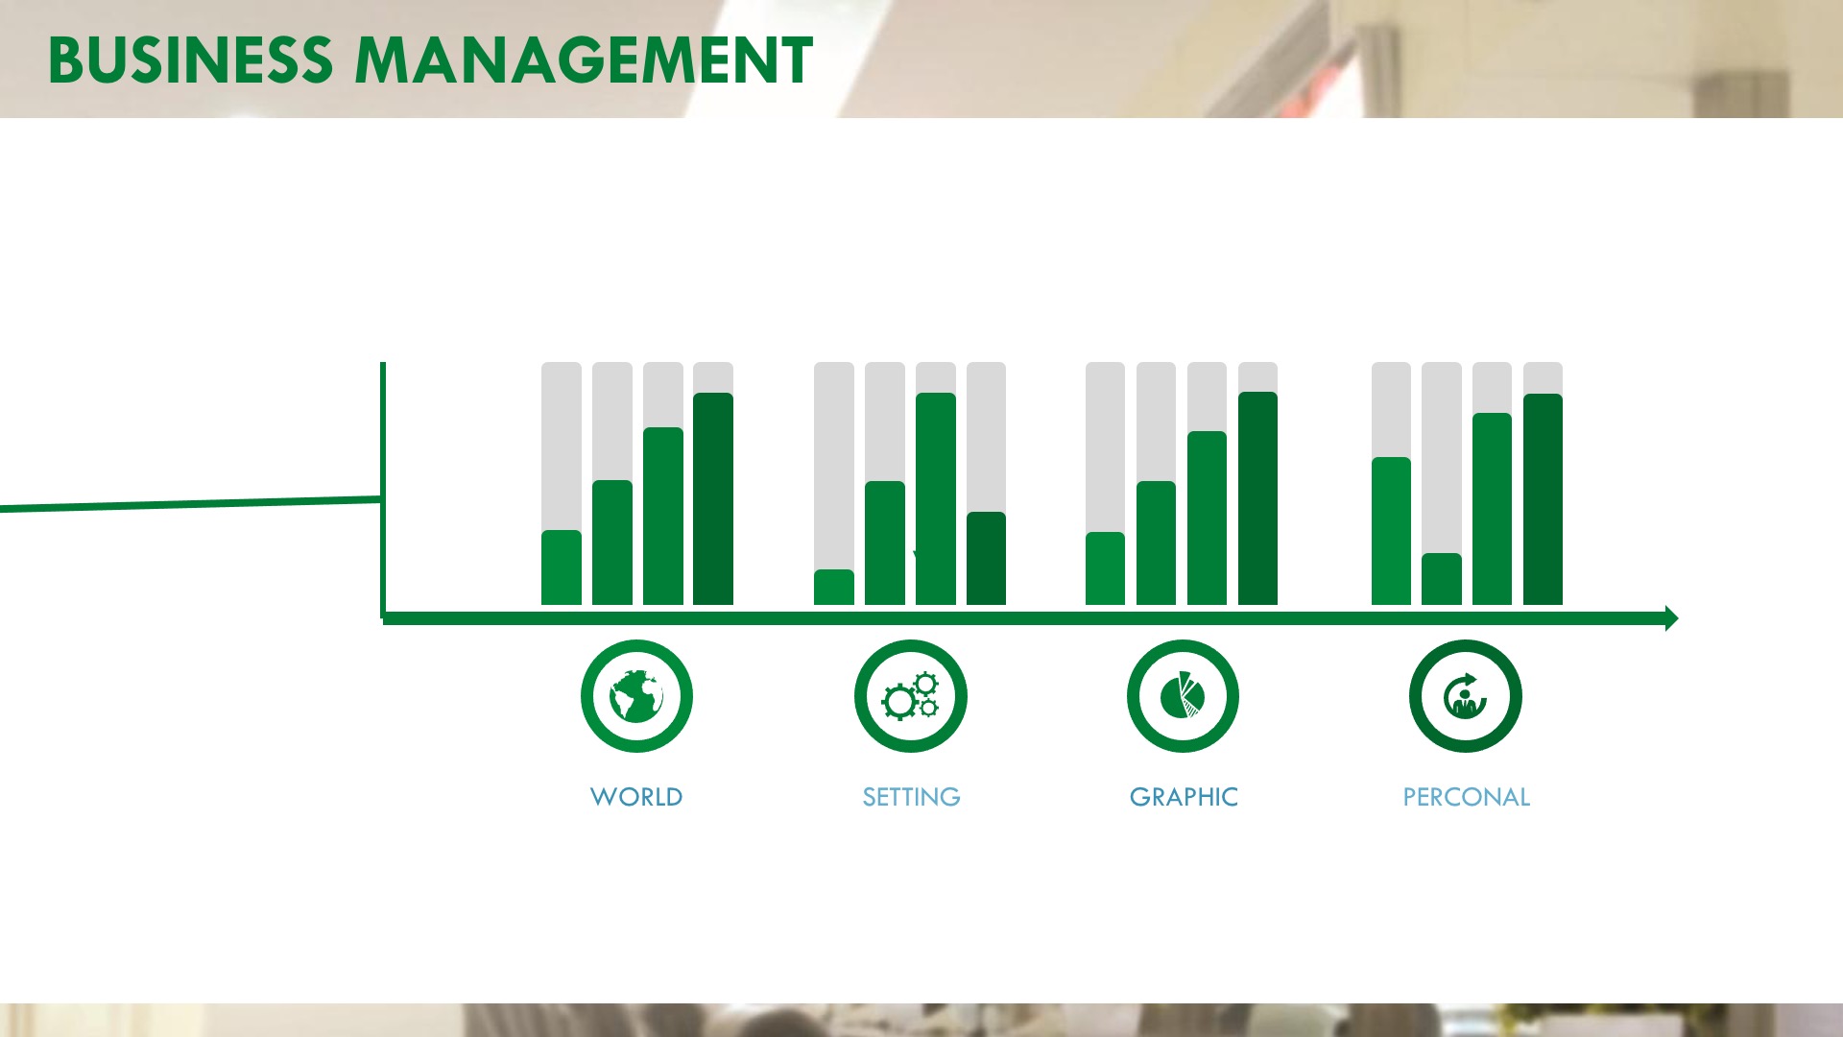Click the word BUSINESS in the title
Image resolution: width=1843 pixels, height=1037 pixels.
click(x=190, y=60)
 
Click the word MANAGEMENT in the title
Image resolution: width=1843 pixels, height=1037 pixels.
click(x=584, y=60)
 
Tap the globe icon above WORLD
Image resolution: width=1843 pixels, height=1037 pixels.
click(x=636, y=696)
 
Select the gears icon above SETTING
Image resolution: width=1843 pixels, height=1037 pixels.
click(x=911, y=696)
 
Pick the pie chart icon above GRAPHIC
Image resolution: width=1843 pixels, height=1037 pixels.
click(x=1183, y=696)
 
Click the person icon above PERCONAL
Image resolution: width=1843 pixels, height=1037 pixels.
click(x=1466, y=696)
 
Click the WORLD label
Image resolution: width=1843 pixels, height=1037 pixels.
click(x=636, y=797)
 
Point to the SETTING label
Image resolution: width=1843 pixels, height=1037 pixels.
click(x=911, y=797)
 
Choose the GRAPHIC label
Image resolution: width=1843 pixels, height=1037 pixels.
click(x=1184, y=797)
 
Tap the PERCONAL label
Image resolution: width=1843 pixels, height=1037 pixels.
click(x=1466, y=797)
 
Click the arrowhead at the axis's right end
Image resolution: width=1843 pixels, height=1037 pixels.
click(x=1671, y=618)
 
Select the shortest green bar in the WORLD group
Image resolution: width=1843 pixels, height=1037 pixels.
click(x=562, y=567)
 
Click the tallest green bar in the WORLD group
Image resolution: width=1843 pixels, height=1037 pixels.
click(x=713, y=499)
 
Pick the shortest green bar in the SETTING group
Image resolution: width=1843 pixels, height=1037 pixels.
click(x=834, y=588)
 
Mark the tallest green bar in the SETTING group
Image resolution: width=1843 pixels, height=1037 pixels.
click(x=936, y=499)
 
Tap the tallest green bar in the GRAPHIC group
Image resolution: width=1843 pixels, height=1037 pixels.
click(x=1257, y=498)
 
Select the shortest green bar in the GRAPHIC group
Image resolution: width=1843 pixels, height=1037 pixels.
click(x=1105, y=568)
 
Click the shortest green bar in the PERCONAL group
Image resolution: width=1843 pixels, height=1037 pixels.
click(x=1442, y=579)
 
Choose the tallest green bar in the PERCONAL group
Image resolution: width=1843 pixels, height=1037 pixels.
click(x=1543, y=499)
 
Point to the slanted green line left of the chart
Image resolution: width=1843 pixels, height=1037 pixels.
click(x=191, y=504)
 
